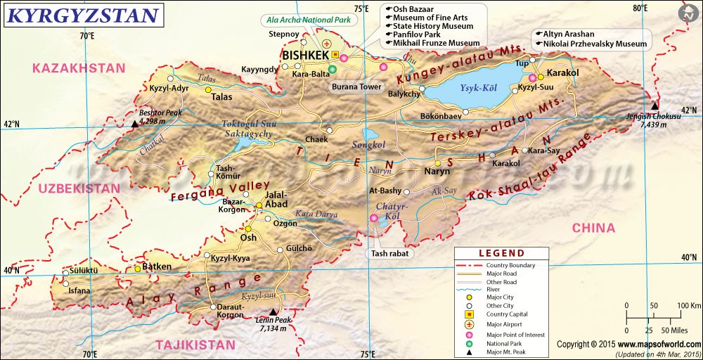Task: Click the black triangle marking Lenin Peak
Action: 273,311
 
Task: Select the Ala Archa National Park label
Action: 307,20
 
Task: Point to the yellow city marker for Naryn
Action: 437,164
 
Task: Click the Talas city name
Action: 223,98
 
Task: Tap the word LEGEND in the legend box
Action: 501,253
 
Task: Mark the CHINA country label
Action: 593,228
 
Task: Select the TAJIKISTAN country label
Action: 195,345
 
